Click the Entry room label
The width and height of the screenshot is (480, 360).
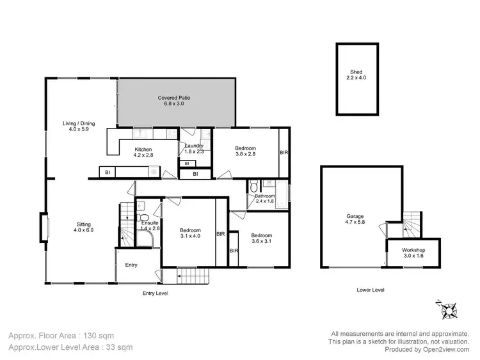[x=131, y=265]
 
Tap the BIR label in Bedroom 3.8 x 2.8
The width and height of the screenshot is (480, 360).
[x=284, y=153]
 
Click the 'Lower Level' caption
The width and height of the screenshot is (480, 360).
[x=371, y=290]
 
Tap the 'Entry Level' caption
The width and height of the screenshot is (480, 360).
[x=155, y=293]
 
